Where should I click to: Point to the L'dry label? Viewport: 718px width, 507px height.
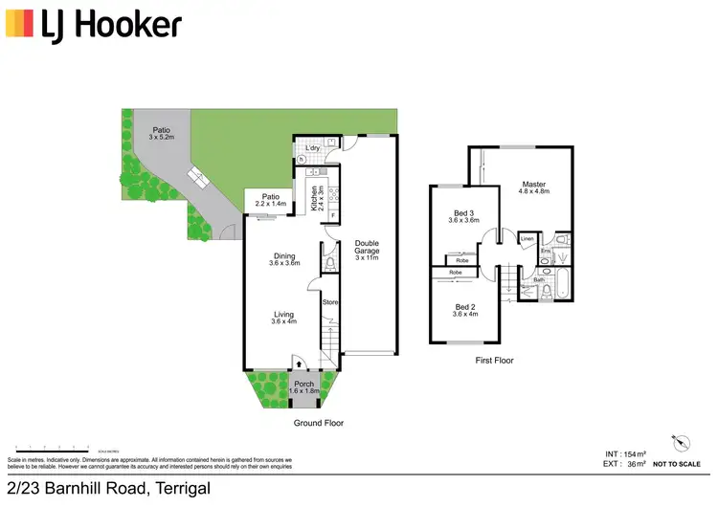point(312,147)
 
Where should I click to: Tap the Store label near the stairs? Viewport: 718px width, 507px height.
point(329,303)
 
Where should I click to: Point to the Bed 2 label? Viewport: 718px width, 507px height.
point(464,308)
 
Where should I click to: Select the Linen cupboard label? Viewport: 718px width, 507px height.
point(527,239)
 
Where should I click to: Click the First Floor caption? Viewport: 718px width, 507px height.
point(495,361)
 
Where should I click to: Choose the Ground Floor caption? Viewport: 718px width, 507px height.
point(320,423)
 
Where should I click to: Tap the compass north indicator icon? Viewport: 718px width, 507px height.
point(681,440)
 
